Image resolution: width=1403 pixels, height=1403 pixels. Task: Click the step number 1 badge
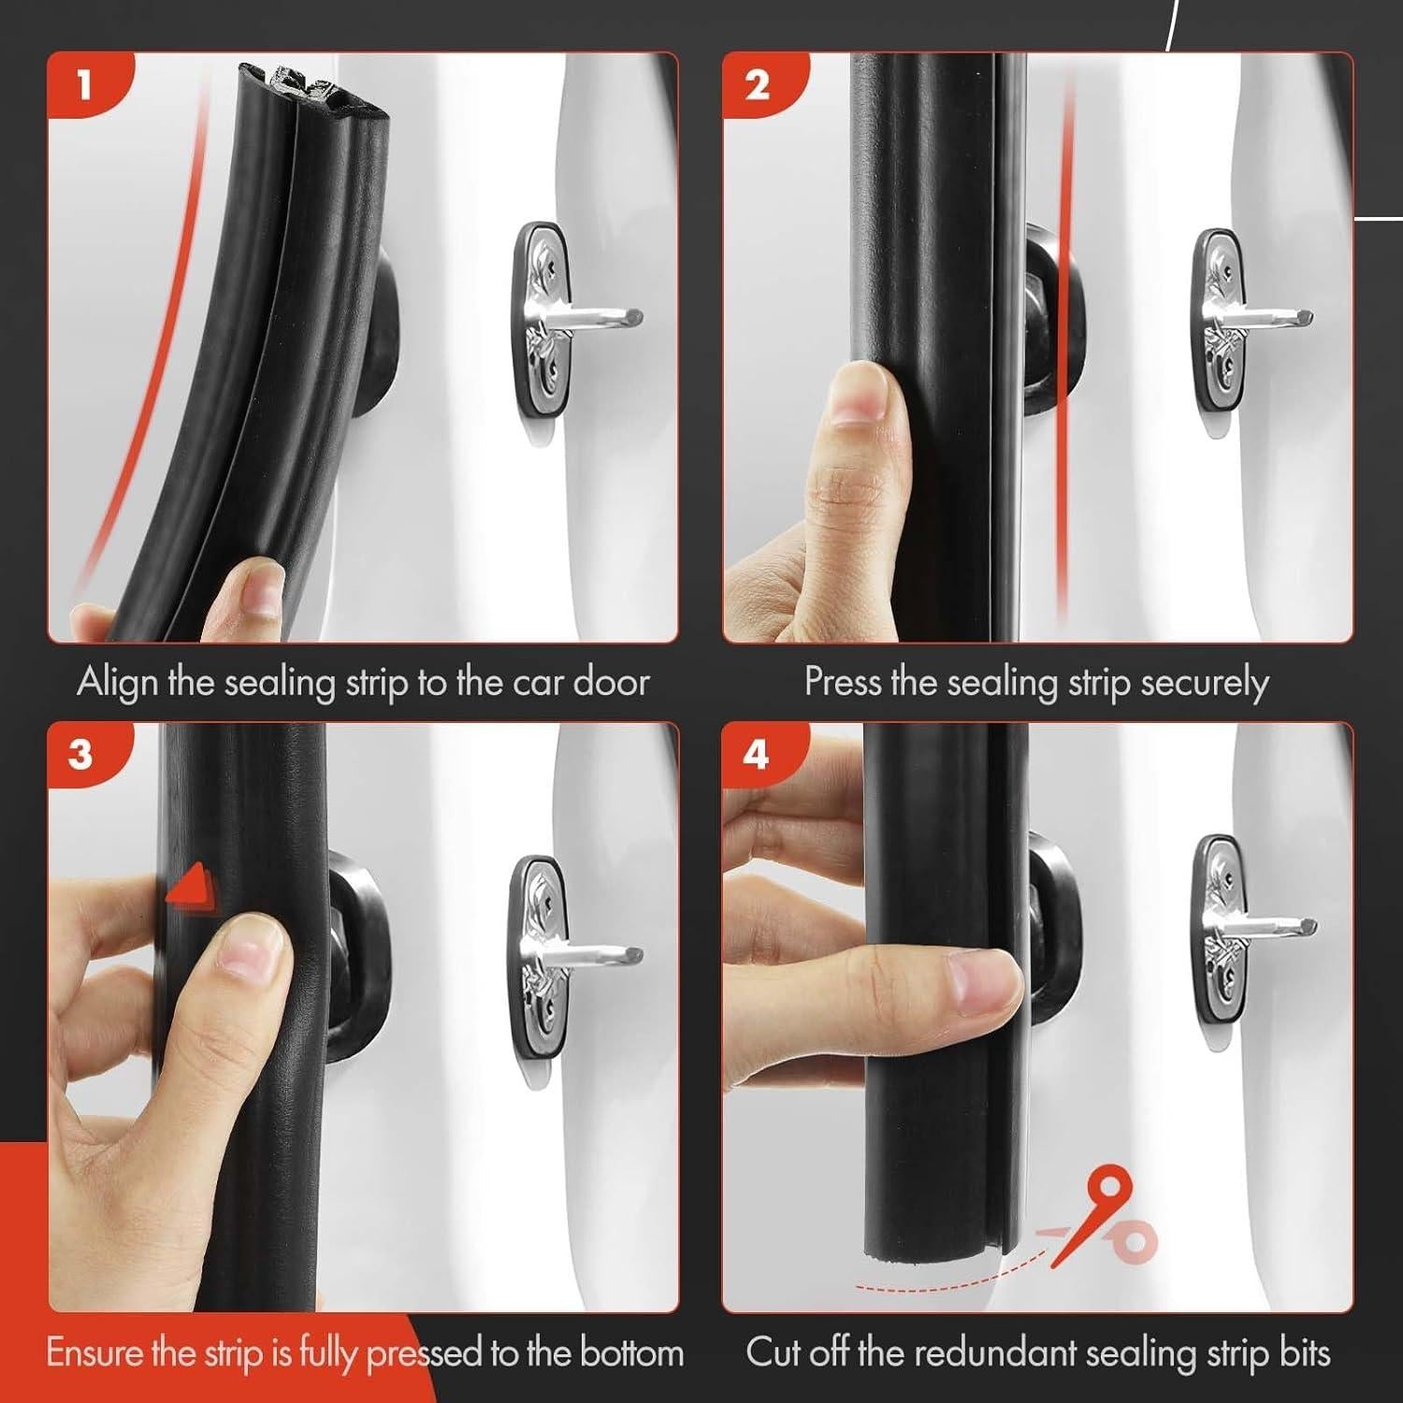point(84,85)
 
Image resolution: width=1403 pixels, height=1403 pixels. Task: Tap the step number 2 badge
point(758,85)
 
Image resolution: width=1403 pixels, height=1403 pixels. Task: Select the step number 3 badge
point(82,754)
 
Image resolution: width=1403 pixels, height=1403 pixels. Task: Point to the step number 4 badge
point(756,754)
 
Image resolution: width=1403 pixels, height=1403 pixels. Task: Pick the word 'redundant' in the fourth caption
point(1006,1353)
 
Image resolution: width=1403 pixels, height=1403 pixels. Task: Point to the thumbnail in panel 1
point(259,587)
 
